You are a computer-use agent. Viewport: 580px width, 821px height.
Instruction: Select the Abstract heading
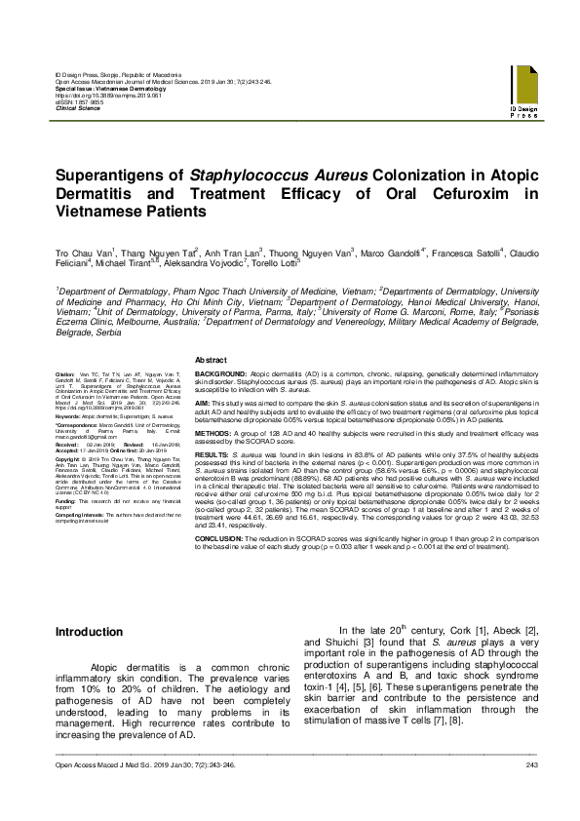(x=212, y=360)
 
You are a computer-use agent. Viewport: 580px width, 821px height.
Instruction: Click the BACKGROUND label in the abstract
(x=220, y=373)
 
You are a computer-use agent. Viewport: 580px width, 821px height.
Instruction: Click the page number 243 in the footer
(x=531, y=791)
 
